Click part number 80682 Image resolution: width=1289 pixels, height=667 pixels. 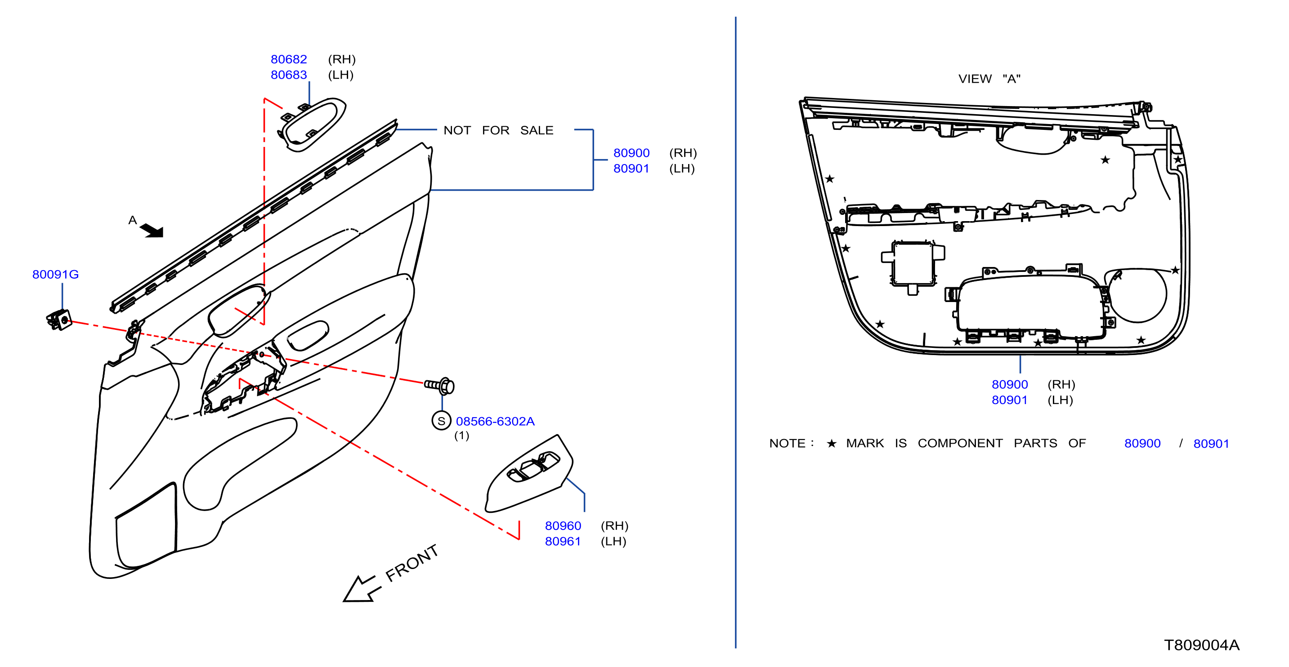tap(289, 59)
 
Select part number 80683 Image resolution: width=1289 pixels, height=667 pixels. tap(289, 75)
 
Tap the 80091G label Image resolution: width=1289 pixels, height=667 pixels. tap(55, 274)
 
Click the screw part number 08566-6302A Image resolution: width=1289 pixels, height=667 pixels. tap(495, 421)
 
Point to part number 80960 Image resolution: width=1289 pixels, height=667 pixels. tap(563, 525)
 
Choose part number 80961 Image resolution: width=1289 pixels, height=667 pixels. tap(563, 541)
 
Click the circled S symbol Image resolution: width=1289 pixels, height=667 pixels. tap(441, 421)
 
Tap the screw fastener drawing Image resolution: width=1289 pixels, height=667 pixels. tap(439, 386)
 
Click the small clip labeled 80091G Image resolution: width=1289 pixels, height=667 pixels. tap(59, 320)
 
